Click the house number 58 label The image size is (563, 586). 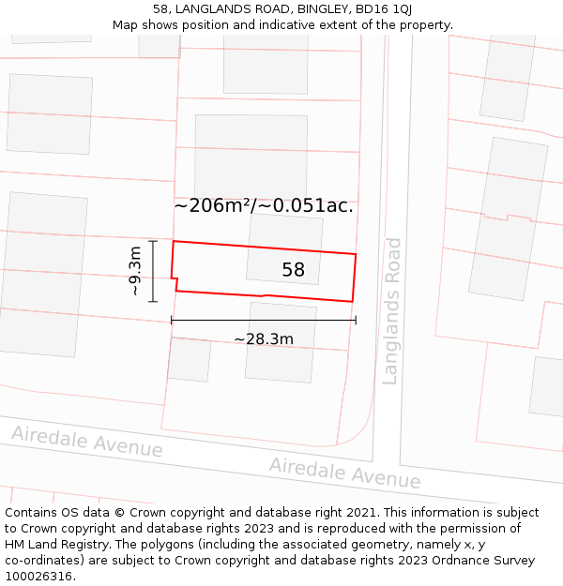click(293, 270)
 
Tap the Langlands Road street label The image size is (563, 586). click(392, 311)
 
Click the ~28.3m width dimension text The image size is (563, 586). click(264, 338)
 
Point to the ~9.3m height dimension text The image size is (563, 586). click(135, 271)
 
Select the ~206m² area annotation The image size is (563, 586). click(264, 205)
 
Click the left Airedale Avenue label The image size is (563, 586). click(86, 441)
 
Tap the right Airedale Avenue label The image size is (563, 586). click(344, 473)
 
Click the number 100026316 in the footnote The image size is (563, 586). click(38, 576)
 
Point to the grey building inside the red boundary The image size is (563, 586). click(283, 249)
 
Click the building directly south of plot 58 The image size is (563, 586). click(281, 342)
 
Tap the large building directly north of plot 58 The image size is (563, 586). click(251, 156)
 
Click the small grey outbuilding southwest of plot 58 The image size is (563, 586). click(189, 360)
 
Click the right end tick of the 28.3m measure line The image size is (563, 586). click(356, 320)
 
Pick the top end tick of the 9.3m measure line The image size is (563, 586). click(153, 242)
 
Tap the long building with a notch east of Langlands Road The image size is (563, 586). click(508, 218)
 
